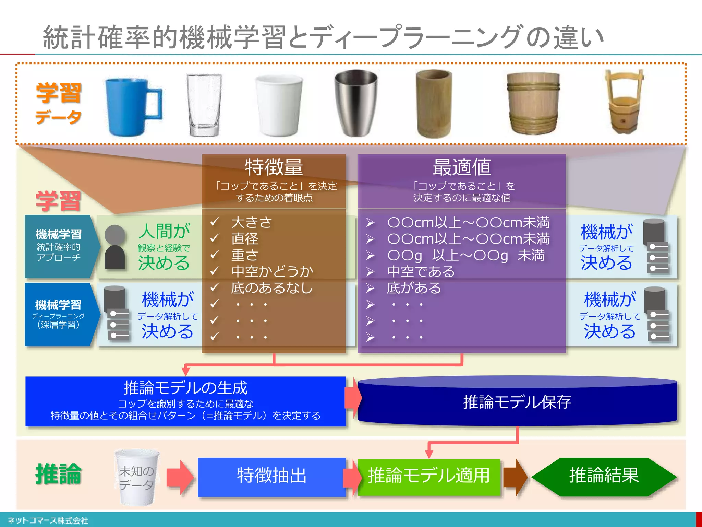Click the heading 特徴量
pyautogui.click(x=274, y=167)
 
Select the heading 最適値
pyautogui.click(x=461, y=167)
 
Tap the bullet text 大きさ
pyautogui.click(x=252, y=222)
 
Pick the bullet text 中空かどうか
pyautogui.click(x=272, y=271)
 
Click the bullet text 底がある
pyautogui.click(x=414, y=288)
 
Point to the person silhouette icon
pyautogui.click(x=115, y=247)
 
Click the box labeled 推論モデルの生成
pyautogui.click(x=185, y=401)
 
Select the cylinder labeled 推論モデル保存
pyautogui.click(x=517, y=402)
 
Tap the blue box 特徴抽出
pyautogui.click(x=271, y=476)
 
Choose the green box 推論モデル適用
pyautogui.click(x=428, y=476)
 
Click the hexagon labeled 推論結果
pyautogui.click(x=604, y=476)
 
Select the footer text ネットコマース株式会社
pyautogui.click(x=48, y=520)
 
